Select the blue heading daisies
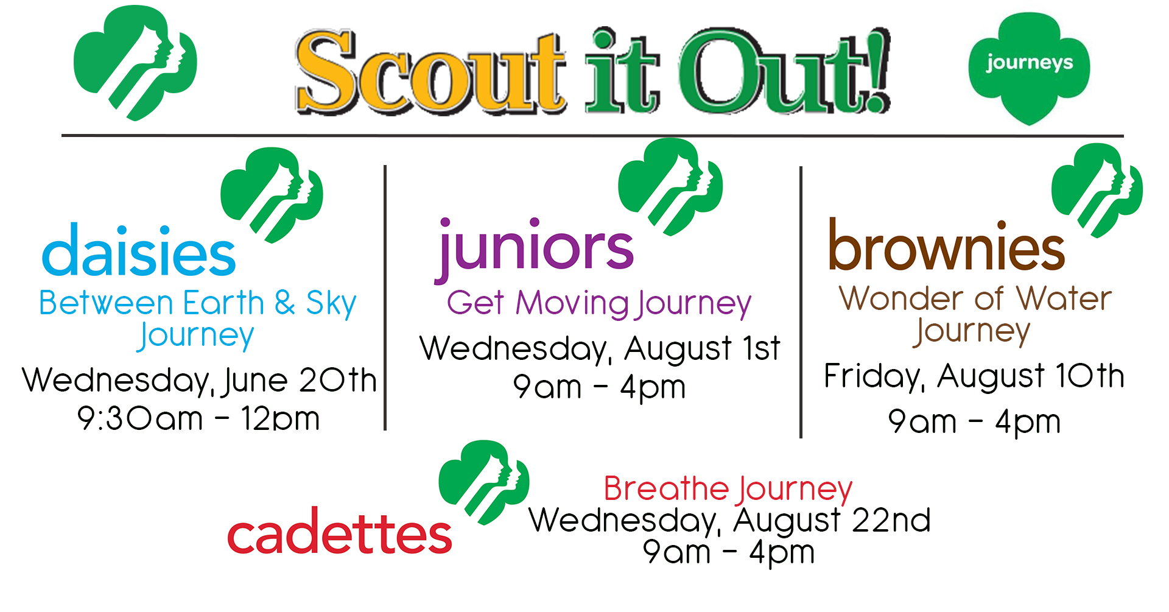(x=139, y=250)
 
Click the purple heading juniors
(x=534, y=248)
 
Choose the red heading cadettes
(x=339, y=532)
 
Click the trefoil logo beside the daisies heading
(x=272, y=195)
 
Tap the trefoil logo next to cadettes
(x=484, y=482)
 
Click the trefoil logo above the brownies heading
(x=1097, y=190)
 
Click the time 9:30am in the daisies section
(x=140, y=419)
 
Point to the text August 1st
(x=702, y=350)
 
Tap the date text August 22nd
(x=832, y=521)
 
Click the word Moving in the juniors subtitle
(x=572, y=304)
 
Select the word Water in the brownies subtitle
(x=1064, y=298)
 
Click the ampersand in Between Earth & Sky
(x=284, y=302)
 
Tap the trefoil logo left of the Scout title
(x=135, y=63)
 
